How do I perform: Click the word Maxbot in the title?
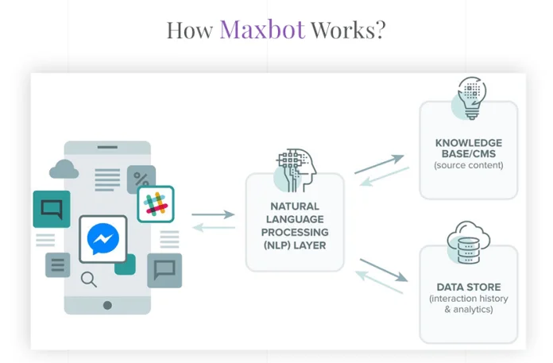(x=262, y=29)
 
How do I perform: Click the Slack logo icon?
(x=156, y=204)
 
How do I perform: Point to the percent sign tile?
(x=142, y=180)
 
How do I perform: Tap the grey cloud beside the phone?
(x=64, y=168)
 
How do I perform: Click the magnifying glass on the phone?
(x=89, y=279)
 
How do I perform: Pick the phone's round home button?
(x=107, y=305)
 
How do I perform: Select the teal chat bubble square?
(x=52, y=209)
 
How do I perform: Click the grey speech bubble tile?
(x=164, y=270)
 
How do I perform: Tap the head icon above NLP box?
(x=295, y=168)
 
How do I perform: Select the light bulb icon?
(x=470, y=98)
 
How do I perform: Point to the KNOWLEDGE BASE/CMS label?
(x=468, y=148)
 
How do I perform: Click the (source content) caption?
(x=468, y=165)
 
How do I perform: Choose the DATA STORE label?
(x=468, y=287)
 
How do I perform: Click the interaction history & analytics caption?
(x=468, y=303)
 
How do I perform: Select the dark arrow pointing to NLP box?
(x=213, y=214)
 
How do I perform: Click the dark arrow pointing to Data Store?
(x=384, y=270)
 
